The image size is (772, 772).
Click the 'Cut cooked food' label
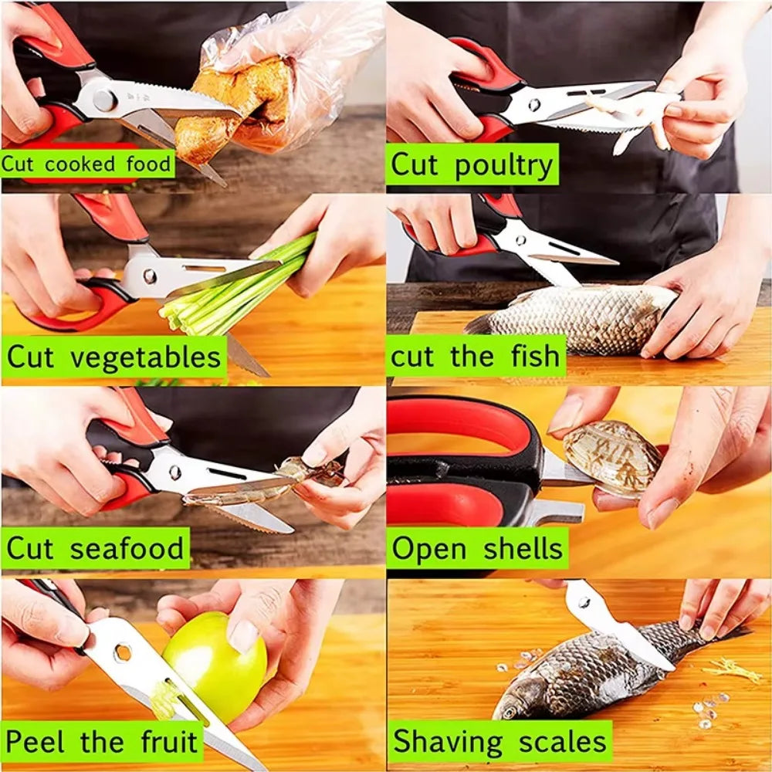(87, 164)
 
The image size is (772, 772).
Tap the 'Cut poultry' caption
(472, 165)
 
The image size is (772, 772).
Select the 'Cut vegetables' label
(113, 358)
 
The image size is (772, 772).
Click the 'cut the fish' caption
(475, 357)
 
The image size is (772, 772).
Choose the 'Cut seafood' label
(96, 549)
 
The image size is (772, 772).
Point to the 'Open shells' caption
(477, 549)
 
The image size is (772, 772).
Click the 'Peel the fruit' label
(102, 742)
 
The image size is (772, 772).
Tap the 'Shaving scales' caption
(499, 742)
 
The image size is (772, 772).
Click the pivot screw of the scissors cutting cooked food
(104, 100)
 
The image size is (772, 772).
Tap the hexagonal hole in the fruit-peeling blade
(123, 652)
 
